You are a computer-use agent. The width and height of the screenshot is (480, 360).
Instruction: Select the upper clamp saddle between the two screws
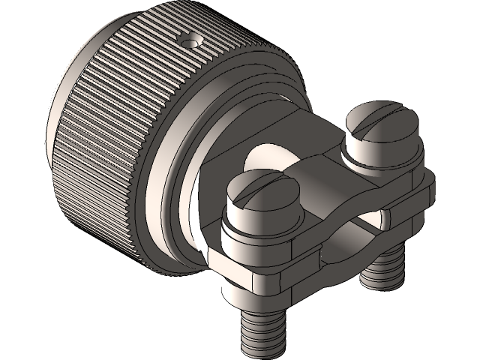pyautogui.click(x=315, y=180)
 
